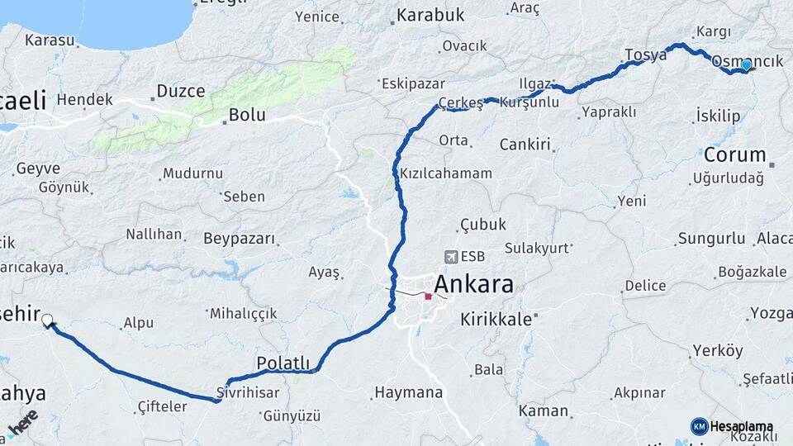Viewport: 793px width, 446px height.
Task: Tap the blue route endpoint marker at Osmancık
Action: pos(746,65)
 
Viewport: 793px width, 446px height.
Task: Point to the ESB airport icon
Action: pos(449,257)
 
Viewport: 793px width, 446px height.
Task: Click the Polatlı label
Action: pos(283,363)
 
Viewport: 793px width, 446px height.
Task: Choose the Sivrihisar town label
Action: pos(247,393)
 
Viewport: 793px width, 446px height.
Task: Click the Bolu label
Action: pos(247,114)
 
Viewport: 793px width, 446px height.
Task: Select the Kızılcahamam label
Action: pos(445,173)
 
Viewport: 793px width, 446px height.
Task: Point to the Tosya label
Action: pos(645,55)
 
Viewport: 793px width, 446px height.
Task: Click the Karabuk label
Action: pos(430,15)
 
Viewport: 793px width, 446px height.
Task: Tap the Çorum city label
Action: pos(734,154)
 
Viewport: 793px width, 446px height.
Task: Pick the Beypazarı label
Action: pos(239,239)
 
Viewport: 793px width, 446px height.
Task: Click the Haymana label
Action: pos(408,392)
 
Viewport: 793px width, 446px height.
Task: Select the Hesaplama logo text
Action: pos(741,427)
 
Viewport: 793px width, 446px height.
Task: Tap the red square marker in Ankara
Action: pos(428,297)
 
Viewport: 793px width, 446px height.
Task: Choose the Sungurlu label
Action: pos(711,239)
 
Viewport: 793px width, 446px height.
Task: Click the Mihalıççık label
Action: pos(243,314)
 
